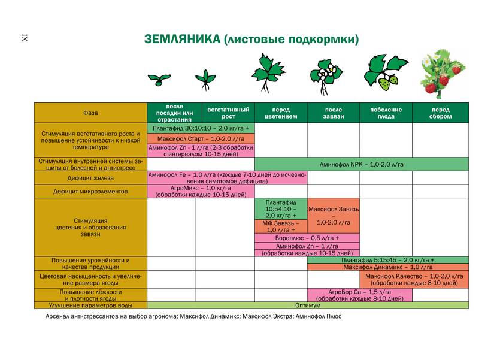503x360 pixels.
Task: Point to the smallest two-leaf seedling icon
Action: [159, 79]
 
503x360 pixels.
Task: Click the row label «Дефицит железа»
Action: [90, 178]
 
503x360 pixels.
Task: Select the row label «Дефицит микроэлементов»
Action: [90, 192]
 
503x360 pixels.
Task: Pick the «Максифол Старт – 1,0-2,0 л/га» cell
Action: [201, 138]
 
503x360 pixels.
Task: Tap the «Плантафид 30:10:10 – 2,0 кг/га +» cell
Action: [201, 128]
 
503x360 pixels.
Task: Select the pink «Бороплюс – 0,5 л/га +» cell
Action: [307, 238]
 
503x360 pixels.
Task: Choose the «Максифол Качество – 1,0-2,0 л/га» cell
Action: [414, 279]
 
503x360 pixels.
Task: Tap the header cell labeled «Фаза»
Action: [90, 113]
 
